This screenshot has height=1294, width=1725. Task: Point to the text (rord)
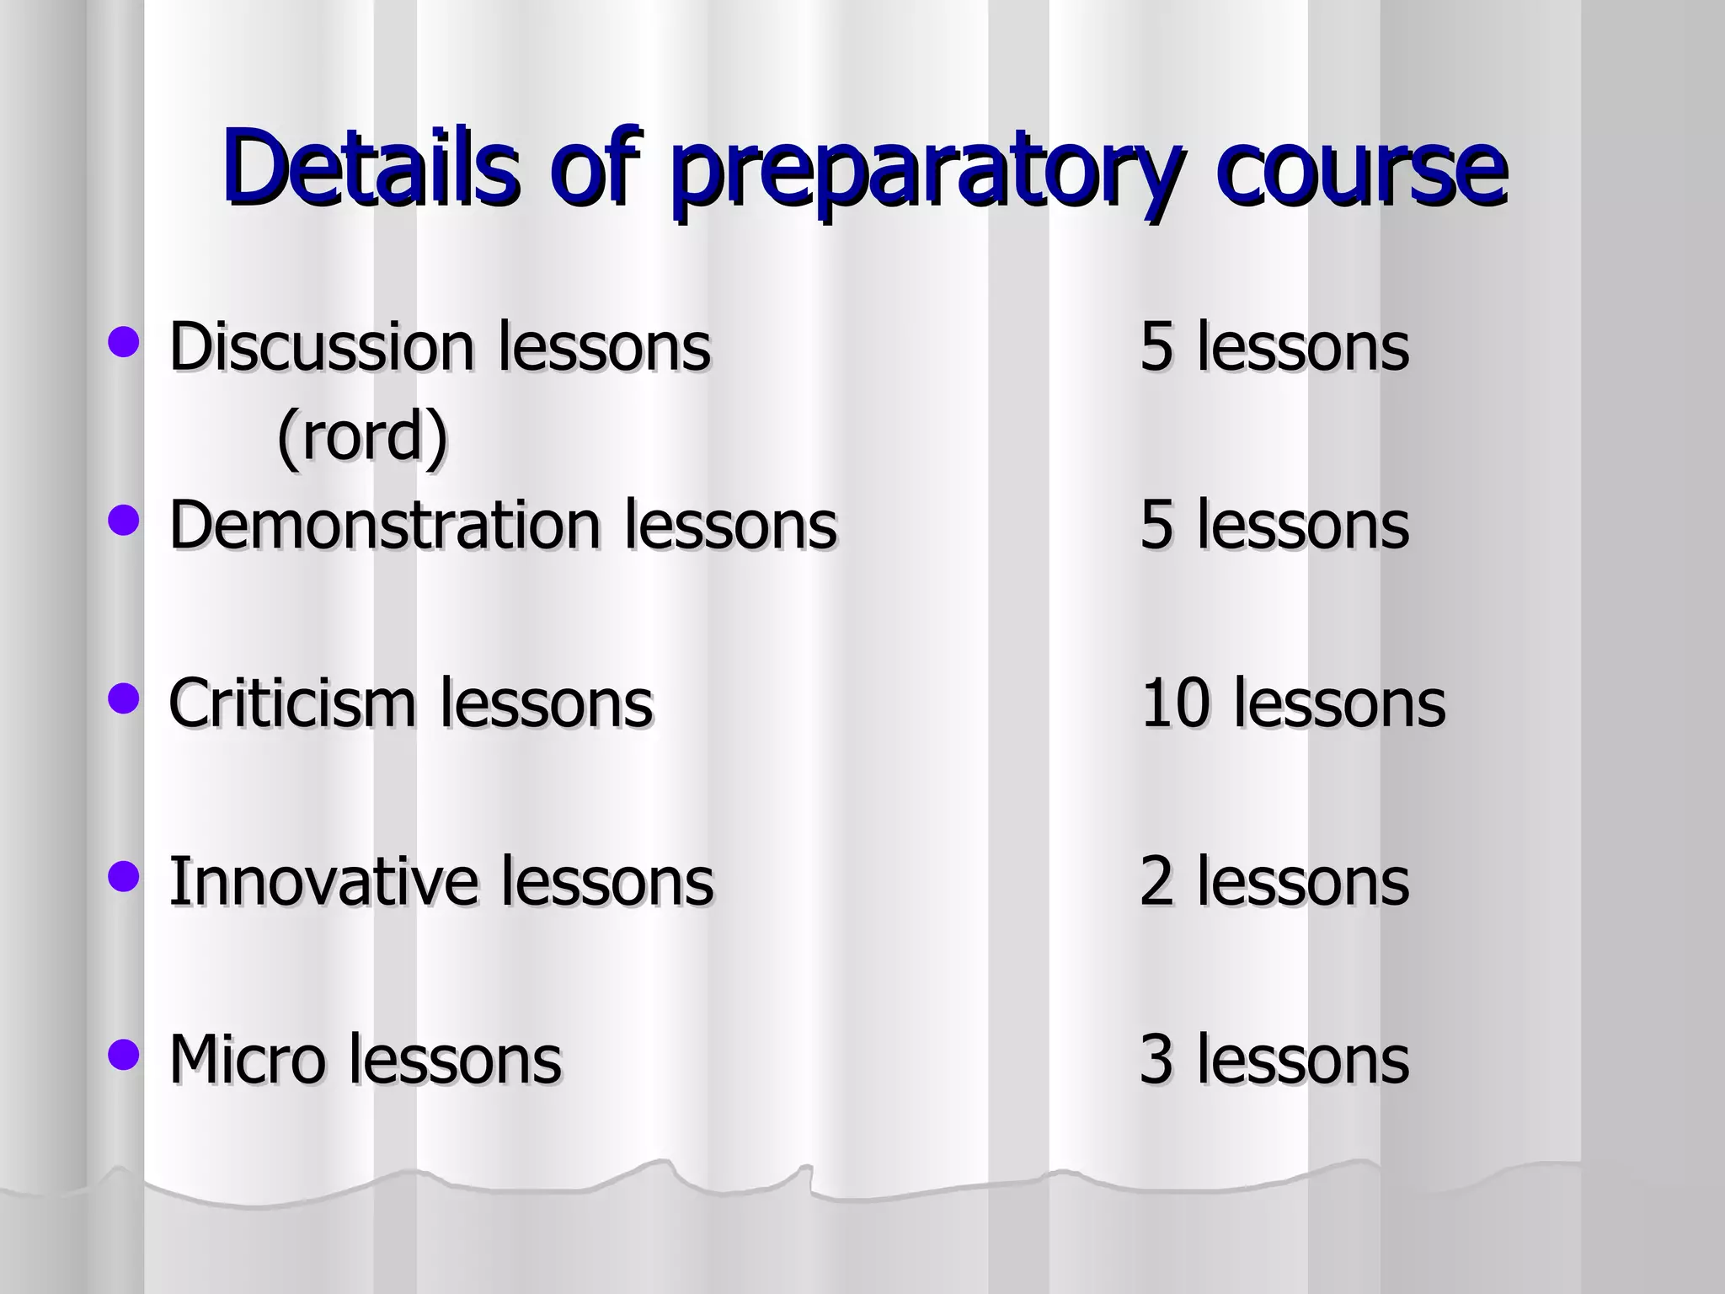pos(362,436)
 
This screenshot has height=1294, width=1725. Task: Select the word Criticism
pos(291,703)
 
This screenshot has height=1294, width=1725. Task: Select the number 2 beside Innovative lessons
pos(1156,881)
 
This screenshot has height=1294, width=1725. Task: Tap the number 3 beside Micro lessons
pos(1156,1059)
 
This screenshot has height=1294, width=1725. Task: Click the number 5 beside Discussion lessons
pos(1156,346)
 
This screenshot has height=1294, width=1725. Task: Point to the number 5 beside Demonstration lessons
pos(1156,525)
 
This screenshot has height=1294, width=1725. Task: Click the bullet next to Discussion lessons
pos(124,343)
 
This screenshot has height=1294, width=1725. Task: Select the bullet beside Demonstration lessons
pos(124,521)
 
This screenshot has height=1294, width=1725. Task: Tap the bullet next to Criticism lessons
pos(124,698)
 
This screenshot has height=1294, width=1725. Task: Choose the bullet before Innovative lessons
pos(124,876)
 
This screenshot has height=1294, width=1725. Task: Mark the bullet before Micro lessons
pos(124,1054)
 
